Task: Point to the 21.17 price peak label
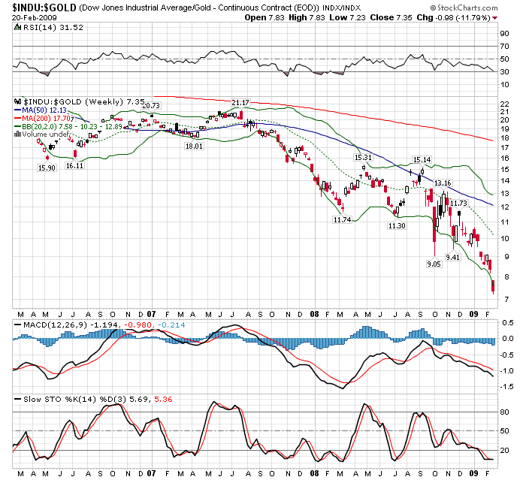click(240, 102)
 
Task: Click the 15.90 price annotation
click(47, 168)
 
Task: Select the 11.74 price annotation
click(342, 219)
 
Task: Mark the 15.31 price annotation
click(364, 157)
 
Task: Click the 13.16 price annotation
click(443, 183)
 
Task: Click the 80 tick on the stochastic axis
click(505, 412)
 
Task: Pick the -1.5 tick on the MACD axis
click(507, 385)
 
